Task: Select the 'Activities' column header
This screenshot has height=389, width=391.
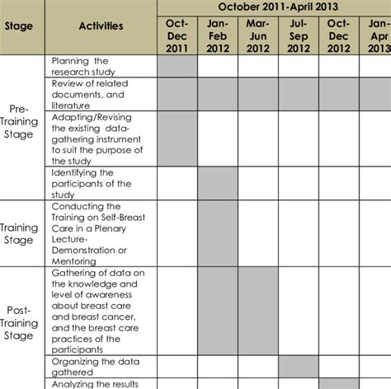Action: coord(101,26)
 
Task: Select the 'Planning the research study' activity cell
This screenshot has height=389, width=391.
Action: coord(101,66)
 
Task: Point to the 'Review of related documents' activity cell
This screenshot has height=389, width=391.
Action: coord(101,94)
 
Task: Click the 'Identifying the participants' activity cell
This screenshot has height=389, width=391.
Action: coord(101,183)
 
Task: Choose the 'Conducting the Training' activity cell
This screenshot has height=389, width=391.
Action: coord(101,233)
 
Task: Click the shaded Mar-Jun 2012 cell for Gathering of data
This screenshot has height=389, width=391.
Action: coord(257,312)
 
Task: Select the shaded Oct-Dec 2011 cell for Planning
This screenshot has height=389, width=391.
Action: coord(176,66)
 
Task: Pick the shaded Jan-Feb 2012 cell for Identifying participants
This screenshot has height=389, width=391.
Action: coord(217,183)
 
